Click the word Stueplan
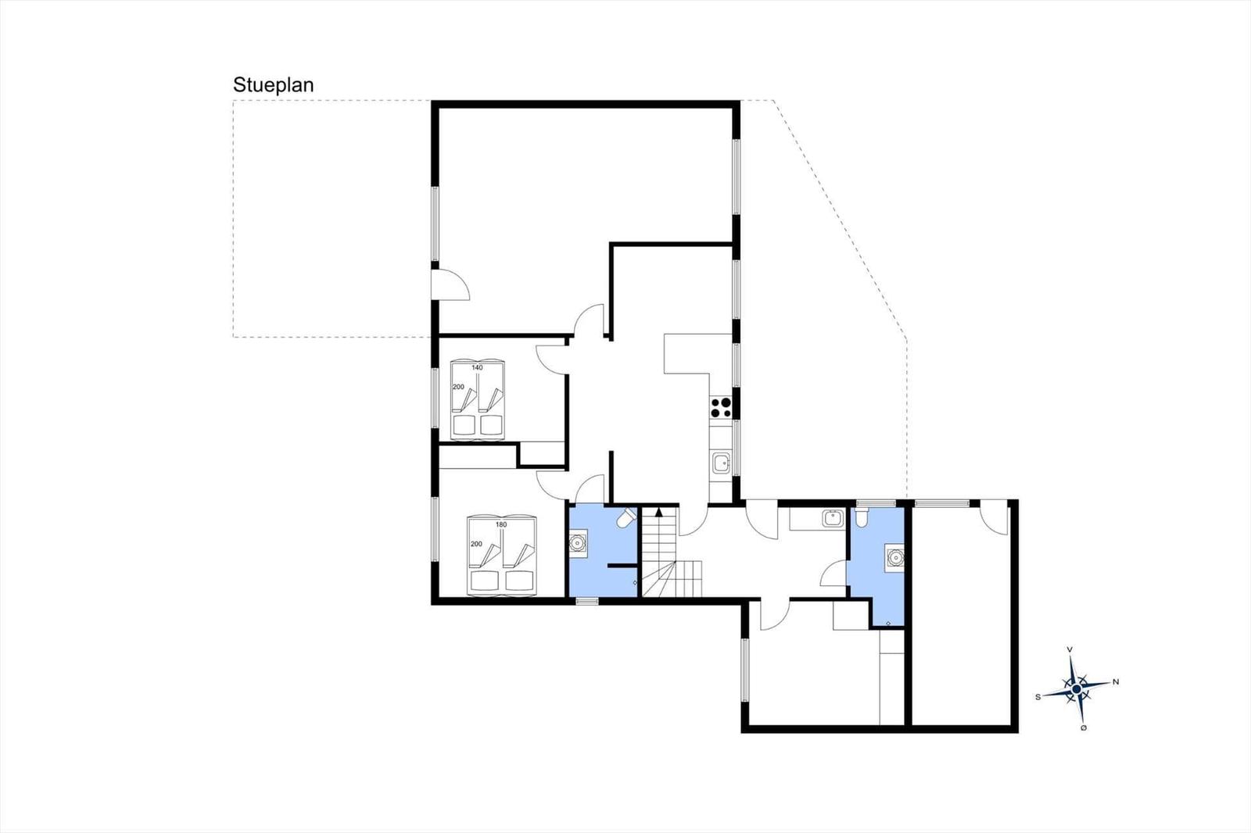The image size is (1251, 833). coord(273,85)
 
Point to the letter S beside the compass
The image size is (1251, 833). coord(1038,697)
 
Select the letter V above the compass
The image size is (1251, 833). coord(1070,649)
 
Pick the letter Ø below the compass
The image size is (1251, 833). coord(1084,728)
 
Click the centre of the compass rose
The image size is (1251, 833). coord(1076,688)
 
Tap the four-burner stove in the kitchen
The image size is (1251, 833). coord(721,407)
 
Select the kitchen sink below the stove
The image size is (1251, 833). coord(722,463)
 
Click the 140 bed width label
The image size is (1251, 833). coord(477,367)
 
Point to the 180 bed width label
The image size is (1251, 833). coord(501,525)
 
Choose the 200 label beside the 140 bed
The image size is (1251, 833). coord(458,387)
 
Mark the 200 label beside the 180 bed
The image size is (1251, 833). coord(476,544)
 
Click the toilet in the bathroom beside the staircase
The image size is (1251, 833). coord(626,517)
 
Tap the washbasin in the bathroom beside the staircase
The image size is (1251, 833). coord(578,542)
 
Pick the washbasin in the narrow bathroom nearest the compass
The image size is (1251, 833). coord(894,557)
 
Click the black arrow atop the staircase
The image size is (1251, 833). coord(659,511)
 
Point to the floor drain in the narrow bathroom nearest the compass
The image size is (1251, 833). coord(888,623)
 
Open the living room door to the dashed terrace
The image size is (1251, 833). coord(450,285)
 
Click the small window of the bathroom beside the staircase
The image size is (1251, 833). coord(587,601)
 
